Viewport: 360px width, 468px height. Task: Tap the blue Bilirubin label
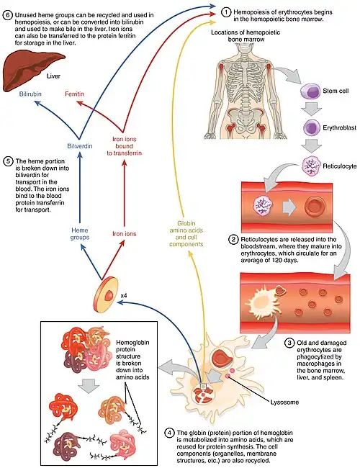tap(30, 94)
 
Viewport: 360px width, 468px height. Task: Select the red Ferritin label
tap(74, 94)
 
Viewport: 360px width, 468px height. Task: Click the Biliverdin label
tap(80, 146)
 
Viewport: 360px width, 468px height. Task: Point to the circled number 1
tap(226, 12)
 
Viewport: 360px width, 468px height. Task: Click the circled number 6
tap(8, 14)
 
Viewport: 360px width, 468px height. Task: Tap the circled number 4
tap(169, 433)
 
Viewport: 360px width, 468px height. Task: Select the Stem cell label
tap(336, 91)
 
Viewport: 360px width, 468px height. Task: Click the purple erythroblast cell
tap(311, 127)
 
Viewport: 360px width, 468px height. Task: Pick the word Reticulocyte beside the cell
tap(340, 166)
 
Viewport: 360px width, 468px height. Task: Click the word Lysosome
tap(284, 402)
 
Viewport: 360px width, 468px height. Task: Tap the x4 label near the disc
tap(124, 296)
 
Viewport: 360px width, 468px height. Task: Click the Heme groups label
tap(80, 234)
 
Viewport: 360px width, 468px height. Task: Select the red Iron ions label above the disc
tap(124, 234)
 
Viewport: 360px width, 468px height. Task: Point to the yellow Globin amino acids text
tap(186, 234)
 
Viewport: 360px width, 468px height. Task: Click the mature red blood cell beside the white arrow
tap(315, 207)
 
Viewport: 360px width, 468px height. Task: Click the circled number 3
tap(289, 343)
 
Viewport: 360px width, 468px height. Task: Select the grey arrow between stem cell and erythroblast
tap(311, 109)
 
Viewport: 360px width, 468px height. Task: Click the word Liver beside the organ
tap(53, 76)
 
